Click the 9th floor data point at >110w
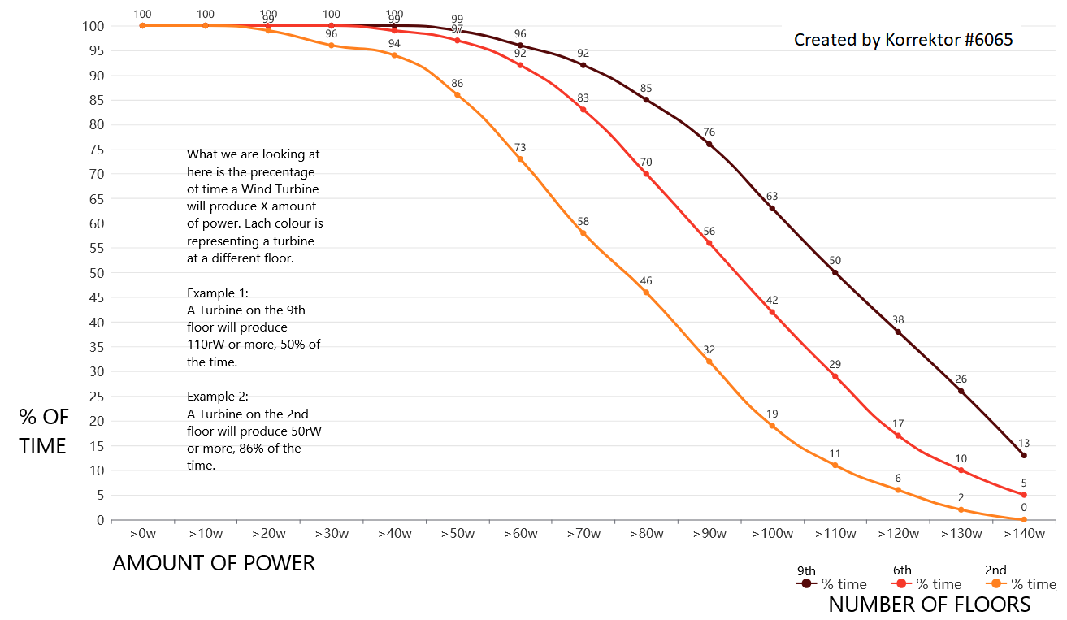click(835, 272)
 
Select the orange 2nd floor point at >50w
click(457, 95)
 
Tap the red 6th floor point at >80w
click(646, 174)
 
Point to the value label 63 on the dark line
click(772, 196)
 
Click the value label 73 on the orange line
click(520, 147)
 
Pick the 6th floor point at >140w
click(1024, 495)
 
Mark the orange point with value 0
click(1024, 519)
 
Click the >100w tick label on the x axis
click(772, 534)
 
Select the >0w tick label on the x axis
click(143, 534)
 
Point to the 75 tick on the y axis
click(95, 149)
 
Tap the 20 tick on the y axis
click(95, 421)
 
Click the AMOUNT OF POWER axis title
click(214, 563)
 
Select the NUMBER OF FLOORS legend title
click(929, 605)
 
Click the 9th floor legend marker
click(806, 583)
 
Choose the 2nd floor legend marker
click(995, 583)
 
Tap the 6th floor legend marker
click(901, 583)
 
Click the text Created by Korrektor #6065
click(903, 39)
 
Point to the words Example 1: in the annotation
click(218, 293)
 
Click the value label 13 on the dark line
click(1024, 443)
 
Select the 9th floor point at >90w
click(709, 144)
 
